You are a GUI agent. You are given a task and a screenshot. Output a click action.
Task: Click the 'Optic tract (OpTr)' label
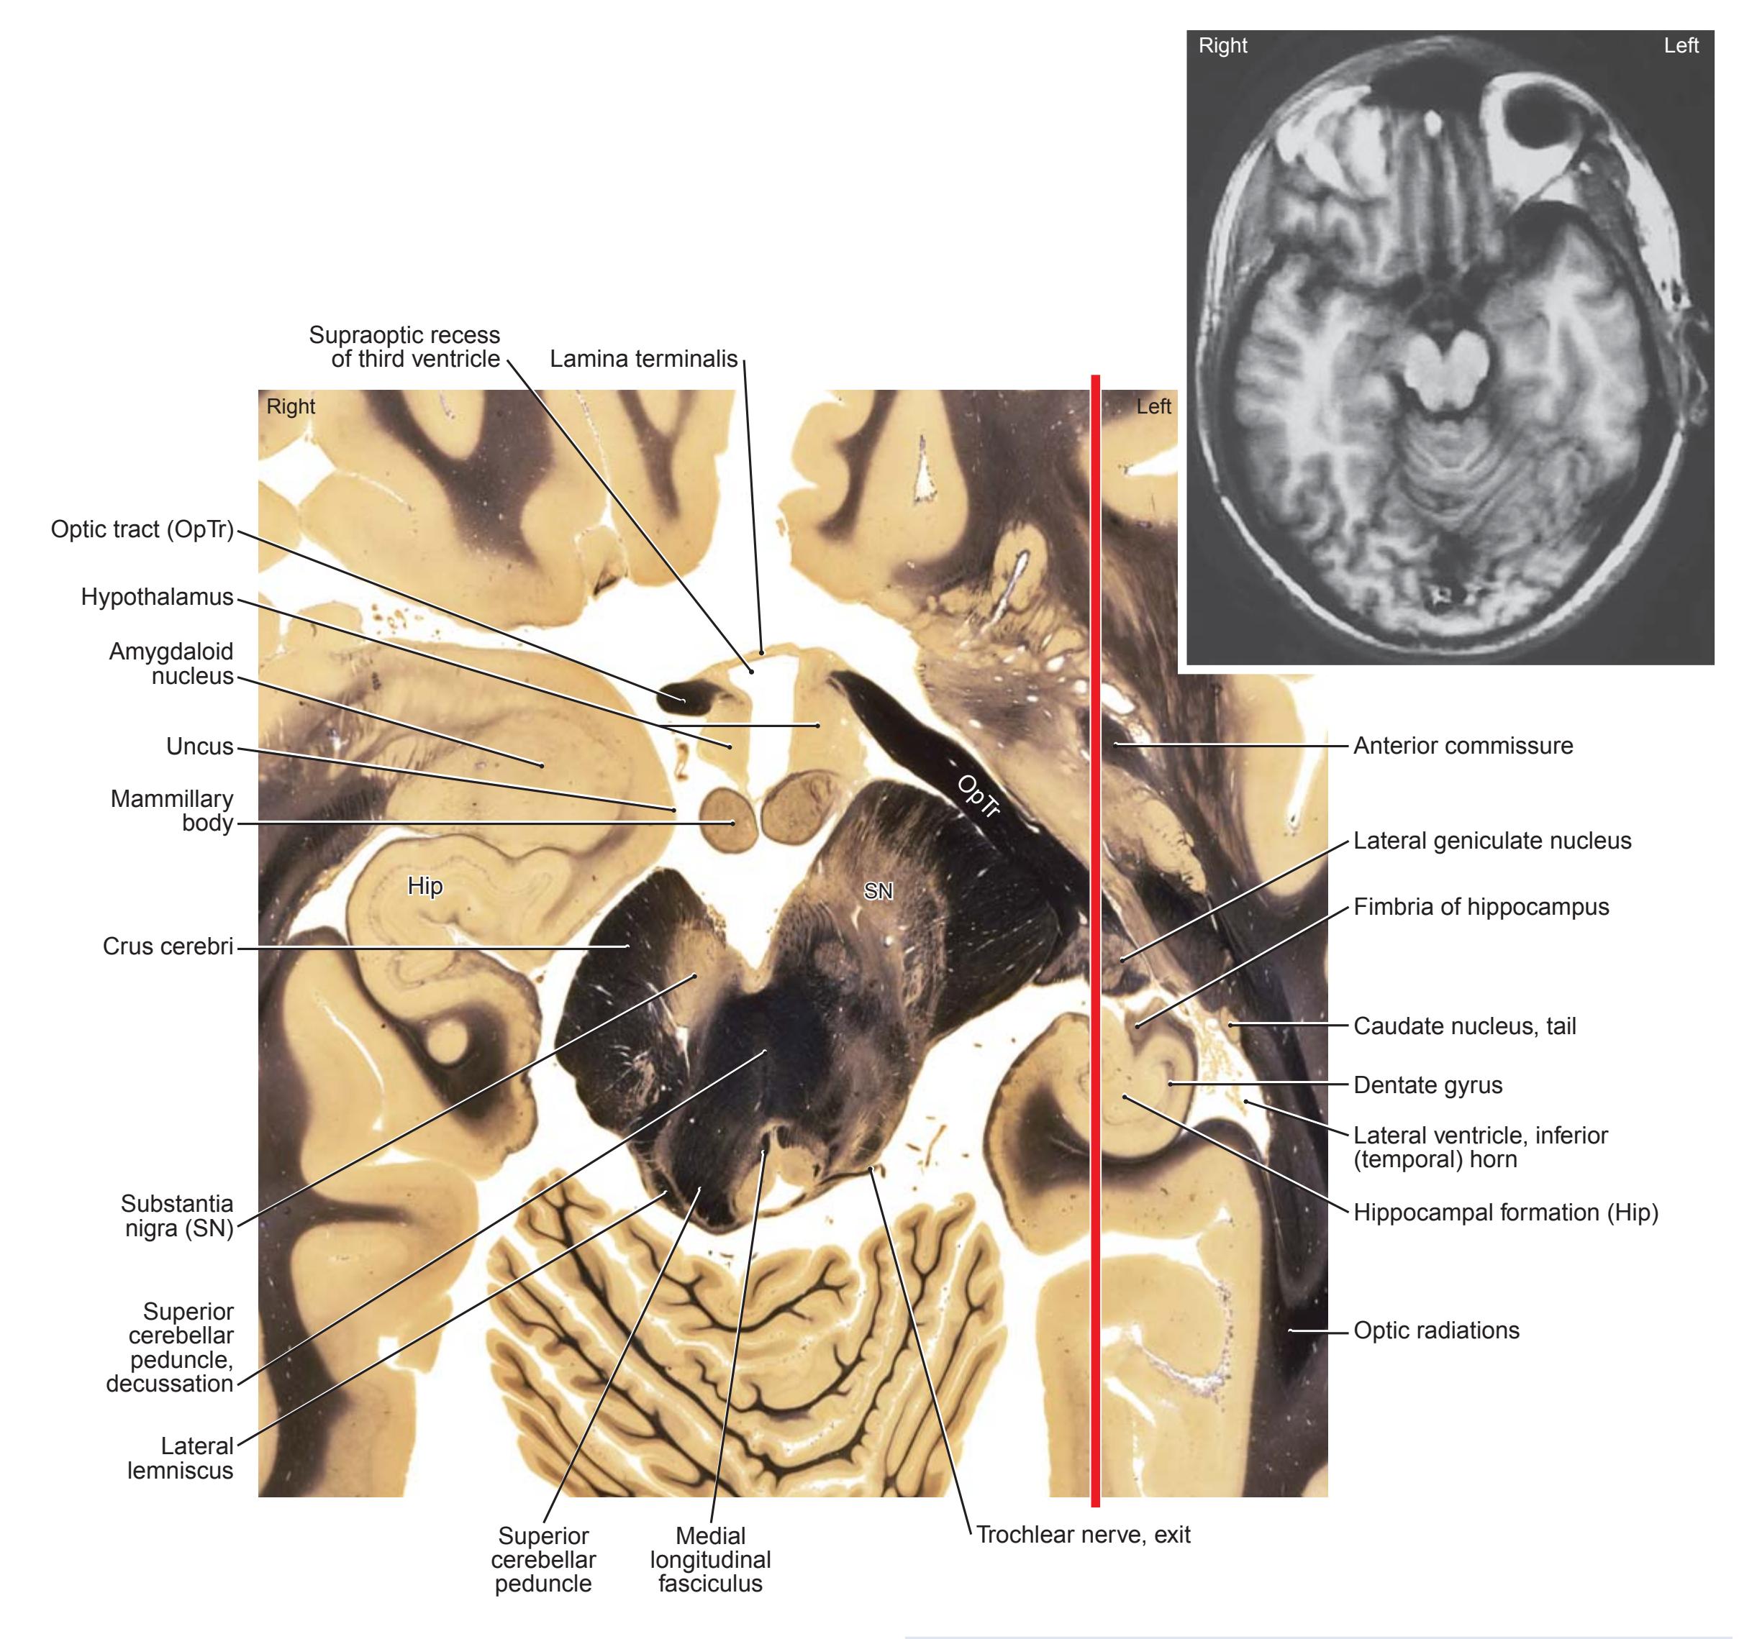coord(142,529)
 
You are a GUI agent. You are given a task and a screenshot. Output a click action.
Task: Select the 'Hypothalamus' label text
coord(158,598)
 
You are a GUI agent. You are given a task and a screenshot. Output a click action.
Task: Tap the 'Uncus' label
coord(200,747)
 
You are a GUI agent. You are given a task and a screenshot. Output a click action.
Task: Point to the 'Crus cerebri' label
coord(168,946)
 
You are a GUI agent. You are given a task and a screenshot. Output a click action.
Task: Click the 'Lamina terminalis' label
coord(643,359)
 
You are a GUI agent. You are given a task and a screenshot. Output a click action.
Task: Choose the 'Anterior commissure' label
coord(1463,746)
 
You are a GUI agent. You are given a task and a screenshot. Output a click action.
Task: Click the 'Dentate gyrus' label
coord(1428,1085)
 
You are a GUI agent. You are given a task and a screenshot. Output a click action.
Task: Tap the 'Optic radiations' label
coord(1437,1330)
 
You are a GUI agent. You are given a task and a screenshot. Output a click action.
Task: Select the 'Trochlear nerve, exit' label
coord(1084,1535)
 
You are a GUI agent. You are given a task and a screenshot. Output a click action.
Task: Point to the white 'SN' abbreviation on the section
coord(878,892)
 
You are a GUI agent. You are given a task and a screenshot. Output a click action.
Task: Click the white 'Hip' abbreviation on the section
coord(425,886)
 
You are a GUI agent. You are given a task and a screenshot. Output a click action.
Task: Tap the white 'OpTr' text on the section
coord(979,796)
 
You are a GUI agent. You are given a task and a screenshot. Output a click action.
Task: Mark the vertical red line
coord(1096,940)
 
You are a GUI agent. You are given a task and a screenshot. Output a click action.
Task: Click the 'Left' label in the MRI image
coord(1681,46)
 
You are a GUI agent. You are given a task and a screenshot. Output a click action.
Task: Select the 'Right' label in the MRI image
coord(1223,46)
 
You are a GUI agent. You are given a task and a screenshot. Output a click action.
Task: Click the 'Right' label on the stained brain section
coord(291,406)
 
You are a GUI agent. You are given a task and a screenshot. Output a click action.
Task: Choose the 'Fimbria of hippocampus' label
coord(1481,907)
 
